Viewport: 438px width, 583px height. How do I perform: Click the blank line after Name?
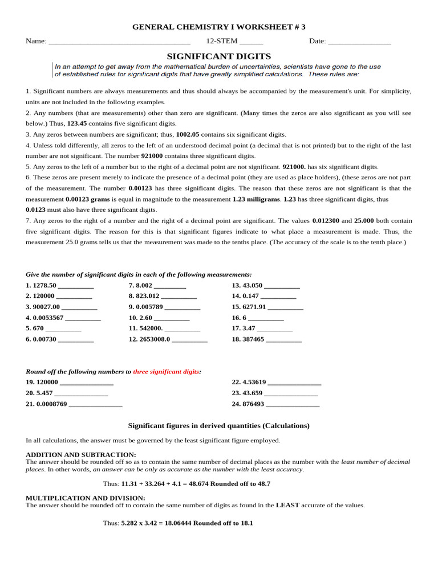point(119,42)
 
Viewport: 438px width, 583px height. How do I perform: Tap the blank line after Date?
point(359,42)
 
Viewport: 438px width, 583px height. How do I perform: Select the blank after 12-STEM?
point(251,42)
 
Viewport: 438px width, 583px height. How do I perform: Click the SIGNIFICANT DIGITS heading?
point(219,56)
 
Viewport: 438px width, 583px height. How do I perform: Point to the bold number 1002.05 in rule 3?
point(188,134)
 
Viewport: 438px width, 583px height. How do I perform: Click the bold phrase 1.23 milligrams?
point(255,199)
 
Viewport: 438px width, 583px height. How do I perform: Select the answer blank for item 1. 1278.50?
point(76,286)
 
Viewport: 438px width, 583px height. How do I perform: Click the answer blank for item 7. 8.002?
point(170,286)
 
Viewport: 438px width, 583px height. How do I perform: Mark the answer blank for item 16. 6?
point(266,318)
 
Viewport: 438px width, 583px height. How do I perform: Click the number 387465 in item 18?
point(253,339)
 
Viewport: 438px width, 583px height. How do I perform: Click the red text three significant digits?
point(166,372)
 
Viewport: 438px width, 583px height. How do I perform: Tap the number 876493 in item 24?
point(253,404)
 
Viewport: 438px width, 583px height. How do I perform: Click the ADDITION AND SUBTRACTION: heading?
point(81,454)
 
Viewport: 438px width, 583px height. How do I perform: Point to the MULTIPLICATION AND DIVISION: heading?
point(86,498)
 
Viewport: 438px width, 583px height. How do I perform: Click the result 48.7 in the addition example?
point(263,483)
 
